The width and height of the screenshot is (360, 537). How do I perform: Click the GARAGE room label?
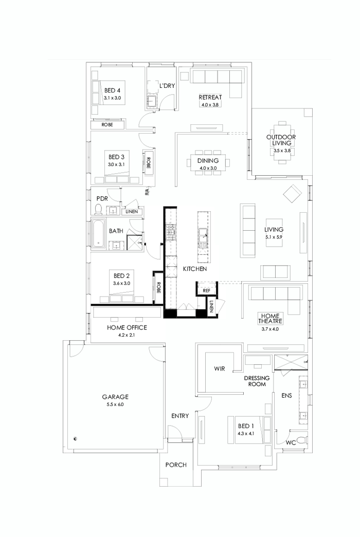pyautogui.click(x=115, y=397)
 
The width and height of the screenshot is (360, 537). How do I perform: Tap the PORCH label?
pyautogui.click(x=175, y=465)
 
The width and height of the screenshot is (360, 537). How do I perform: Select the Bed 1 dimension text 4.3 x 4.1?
pyautogui.click(x=246, y=434)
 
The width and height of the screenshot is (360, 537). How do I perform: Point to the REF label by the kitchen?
pyautogui.click(x=206, y=290)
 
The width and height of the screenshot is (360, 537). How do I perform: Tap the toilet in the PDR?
pyautogui.click(x=99, y=209)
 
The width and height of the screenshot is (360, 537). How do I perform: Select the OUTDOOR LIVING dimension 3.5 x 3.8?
pyautogui.click(x=281, y=151)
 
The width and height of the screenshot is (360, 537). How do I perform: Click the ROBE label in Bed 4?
pyautogui.click(x=107, y=125)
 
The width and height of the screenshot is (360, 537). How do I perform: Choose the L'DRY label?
pyautogui.click(x=168, y=86)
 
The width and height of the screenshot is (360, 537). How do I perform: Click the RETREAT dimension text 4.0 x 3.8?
pyautogui.click(x=210, y=104)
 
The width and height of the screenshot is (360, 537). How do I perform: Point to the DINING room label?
pyautogui.click(x=208, y=161)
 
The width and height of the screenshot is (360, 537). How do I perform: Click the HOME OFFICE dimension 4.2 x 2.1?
pyautogui.click(x=127, y=335)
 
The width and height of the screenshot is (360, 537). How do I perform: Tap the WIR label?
pyautogui.click(x=220, y=369)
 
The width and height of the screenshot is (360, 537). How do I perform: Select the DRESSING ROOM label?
pyautogui.click(x=256, y=381)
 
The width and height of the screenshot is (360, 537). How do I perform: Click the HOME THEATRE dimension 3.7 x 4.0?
pyautogui.click(x=269, y=329)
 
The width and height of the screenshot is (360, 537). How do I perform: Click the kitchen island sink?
pyautogui.click(x=204, y=238)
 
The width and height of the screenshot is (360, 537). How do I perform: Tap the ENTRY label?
pyautogui.click(x=179, y=416)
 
